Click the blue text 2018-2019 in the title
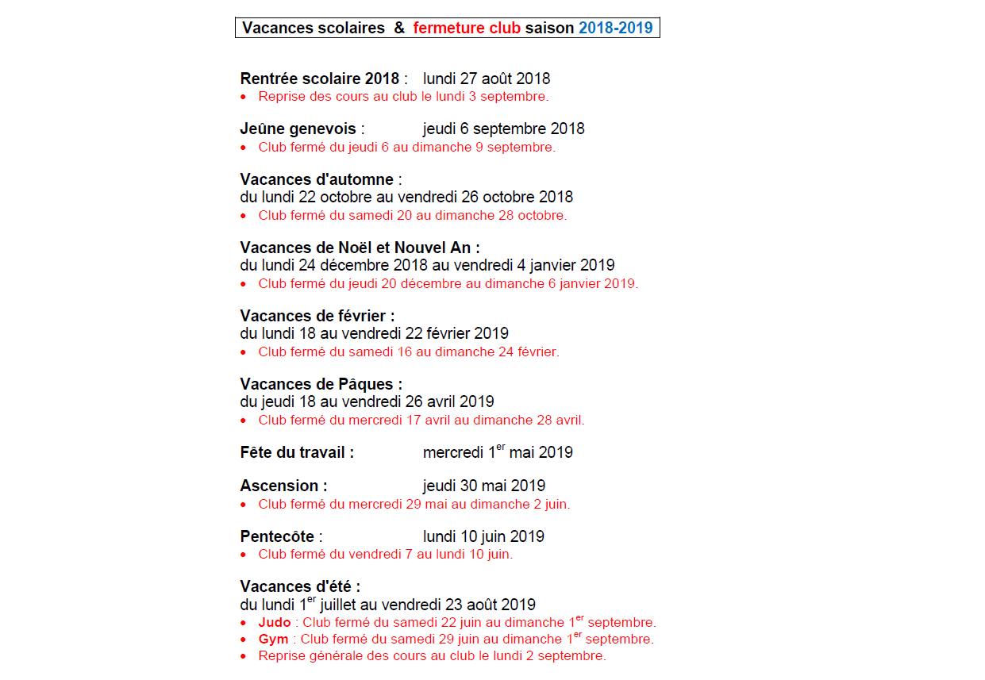click(615, 28)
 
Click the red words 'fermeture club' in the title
click(467, 28)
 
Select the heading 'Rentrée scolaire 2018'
click(319, 79)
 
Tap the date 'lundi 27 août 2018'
click(486, 79)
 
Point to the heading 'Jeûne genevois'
click(298, 129)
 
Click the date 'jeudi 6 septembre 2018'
click(503, 129)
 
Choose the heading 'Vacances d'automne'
click(317, 179)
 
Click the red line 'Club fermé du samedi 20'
click(412, 215)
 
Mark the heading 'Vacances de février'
click(317, 316)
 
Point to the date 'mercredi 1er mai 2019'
click(498, 452)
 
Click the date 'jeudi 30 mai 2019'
click(483, 486)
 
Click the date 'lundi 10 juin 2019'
click(483, 536)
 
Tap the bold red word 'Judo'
click(275, 623)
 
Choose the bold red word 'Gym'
click(273, 640)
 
